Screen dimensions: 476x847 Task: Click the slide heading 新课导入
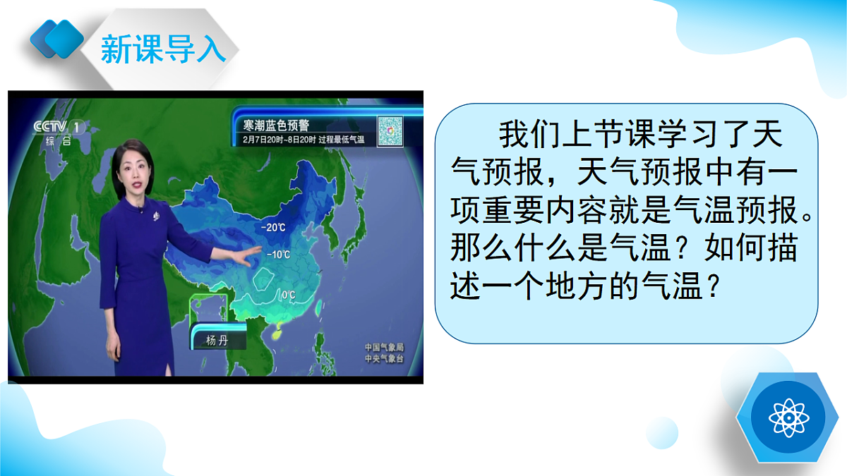coord(163,49)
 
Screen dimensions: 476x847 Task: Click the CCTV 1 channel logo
coord(59,127)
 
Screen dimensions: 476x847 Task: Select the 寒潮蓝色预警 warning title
coord(276,126)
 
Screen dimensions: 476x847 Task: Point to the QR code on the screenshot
coord(390,131)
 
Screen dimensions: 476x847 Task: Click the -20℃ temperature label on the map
coord(273,227)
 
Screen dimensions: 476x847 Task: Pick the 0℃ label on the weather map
coord(288,295)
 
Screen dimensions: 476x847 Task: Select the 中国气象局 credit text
coord(384,348)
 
